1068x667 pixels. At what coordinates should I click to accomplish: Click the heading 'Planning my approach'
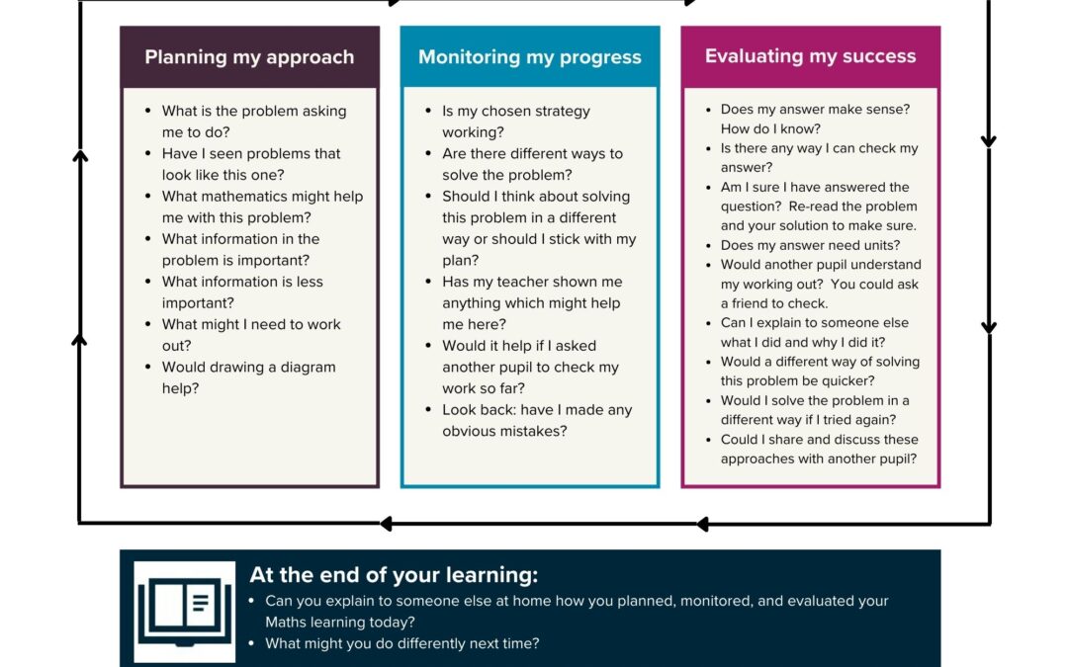(249, 57)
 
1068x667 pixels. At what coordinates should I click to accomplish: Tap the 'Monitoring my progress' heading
(530, 57)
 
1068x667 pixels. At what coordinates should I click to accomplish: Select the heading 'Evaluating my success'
(811, 56)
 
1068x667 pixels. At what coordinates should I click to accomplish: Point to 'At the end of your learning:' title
(394, 575)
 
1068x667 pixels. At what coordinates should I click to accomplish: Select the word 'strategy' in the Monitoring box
(562, 112)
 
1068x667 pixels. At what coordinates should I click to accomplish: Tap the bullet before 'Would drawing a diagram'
(148, 367)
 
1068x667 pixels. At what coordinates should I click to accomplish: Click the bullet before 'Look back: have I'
(428, 410)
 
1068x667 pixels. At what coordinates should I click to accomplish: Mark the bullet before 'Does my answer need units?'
(708, 245)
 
